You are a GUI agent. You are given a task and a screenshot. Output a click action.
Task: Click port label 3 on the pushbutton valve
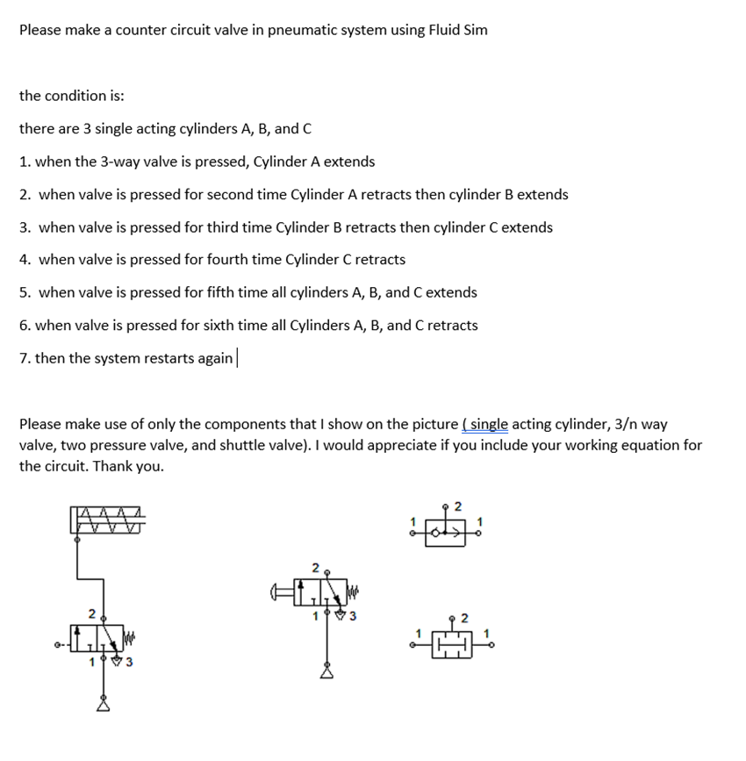tap(352, 614)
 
